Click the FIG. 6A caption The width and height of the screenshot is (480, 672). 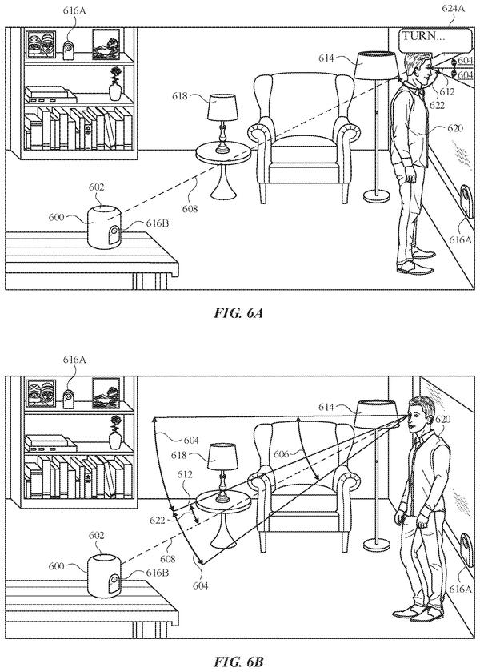coord(238,313)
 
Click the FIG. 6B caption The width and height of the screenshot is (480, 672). coord(238,662)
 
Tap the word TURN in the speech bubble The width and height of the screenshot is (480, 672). coord(418,35)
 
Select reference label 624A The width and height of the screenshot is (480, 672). coord(453,8)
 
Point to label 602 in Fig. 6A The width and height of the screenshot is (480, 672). coord(96,187)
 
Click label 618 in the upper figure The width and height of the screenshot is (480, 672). coord(180,95)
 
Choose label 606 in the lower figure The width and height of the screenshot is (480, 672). coord(282,454)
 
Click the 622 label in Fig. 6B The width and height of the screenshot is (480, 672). coord(158,521)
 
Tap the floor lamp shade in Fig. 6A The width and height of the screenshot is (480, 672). coord(375,65)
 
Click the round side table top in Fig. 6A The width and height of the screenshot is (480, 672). coord(223,152)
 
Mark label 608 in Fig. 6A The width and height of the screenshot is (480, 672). coord(190,209)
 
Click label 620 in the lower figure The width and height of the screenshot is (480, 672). coord(443,419)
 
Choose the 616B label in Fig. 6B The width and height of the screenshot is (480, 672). coord(157,573)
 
